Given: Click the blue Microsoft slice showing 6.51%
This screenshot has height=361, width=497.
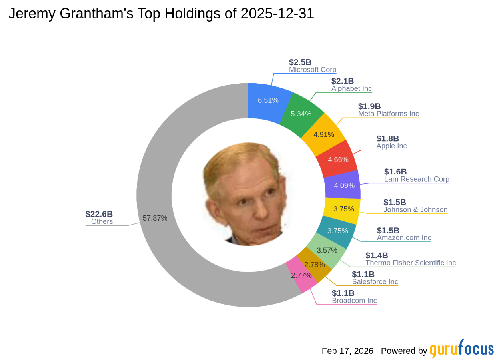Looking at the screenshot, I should [267, 100].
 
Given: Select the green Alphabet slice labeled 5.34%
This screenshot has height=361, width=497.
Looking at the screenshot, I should [301, 114].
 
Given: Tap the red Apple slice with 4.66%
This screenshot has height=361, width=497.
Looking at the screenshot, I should [338, 159].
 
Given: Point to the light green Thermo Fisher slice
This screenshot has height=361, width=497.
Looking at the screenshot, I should [327, 250].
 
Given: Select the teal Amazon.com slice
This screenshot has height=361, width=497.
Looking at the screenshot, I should [338, 231].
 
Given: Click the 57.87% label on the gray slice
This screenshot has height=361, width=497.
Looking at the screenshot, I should [155, 218].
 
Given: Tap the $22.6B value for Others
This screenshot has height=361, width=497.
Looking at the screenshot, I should [99, 214].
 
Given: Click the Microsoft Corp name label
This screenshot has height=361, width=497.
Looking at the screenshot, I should [313, 70].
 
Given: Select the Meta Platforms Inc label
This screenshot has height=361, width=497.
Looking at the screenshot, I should [388, 114].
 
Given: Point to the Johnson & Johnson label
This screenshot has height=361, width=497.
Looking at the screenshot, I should [415, 210].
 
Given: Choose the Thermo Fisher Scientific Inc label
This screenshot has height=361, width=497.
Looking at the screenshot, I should [411, 263].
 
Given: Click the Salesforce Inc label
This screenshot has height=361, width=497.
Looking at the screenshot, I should [375, 282].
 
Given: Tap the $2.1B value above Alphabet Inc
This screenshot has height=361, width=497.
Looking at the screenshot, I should [342, 81].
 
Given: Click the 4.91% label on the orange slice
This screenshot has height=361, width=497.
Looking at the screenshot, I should [323, 134].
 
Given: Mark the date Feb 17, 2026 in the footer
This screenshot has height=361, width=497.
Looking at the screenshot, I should [347, 351].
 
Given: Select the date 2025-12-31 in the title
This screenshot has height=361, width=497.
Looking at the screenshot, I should [277, 14].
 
